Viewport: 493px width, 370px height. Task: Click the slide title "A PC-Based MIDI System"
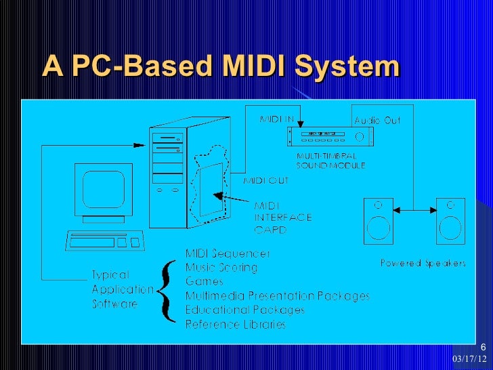tap(221, 67)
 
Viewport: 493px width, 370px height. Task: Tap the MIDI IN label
tap(277, 120)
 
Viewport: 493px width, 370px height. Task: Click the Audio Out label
tap(377, 121)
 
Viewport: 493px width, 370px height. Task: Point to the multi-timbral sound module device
tap(330, 137)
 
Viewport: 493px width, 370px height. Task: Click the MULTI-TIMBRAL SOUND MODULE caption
tap(330, 161)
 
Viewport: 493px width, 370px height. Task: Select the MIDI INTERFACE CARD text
tap(282, 218)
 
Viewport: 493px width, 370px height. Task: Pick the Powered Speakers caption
tap(423, 263)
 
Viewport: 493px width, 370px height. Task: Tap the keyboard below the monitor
tap(106, 241)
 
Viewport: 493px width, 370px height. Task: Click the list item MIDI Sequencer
tap(228, 253)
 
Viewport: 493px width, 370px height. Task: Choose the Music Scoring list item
tap(221, 268)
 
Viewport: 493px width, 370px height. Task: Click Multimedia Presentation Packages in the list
tap(278, 296)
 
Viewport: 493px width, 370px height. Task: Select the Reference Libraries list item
tap(236, 325)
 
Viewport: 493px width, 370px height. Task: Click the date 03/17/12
tap(469, 357)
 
